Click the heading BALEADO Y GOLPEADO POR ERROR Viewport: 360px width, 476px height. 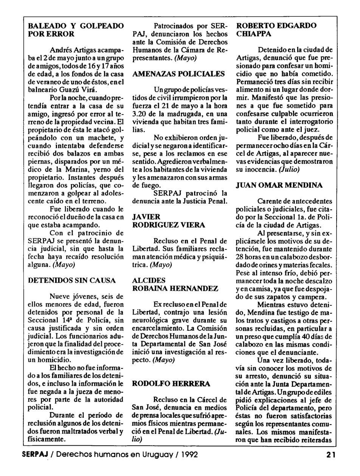click(x=76, y=30)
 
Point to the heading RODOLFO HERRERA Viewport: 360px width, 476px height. click(x=171, y=384)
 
